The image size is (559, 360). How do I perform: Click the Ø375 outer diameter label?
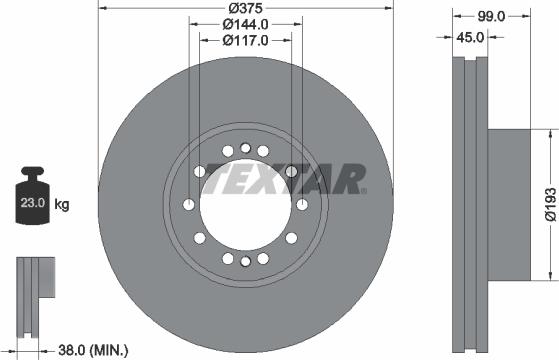(x=245, y=8)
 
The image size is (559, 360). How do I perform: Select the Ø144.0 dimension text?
(x=245, y=24)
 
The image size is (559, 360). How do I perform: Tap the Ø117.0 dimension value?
(x=245, y=41)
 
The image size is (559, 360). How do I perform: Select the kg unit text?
(x=62, y=205)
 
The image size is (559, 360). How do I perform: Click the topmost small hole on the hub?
(x=245, y=148)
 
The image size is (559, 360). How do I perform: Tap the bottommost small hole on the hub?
(x=245, y=262)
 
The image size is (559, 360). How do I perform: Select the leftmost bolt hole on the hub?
(x=189, y=205)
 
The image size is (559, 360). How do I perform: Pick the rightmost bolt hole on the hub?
(x=301, y=205)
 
